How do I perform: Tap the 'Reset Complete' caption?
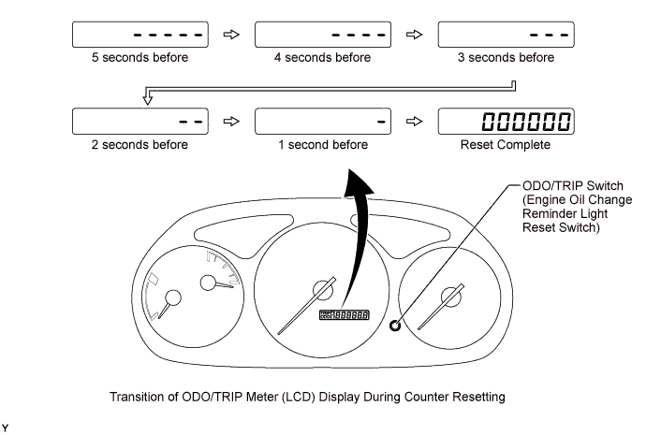(x=506, y=145)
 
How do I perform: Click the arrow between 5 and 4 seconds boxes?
(x=230, y=35)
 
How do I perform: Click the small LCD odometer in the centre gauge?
(x=344, y=316)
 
